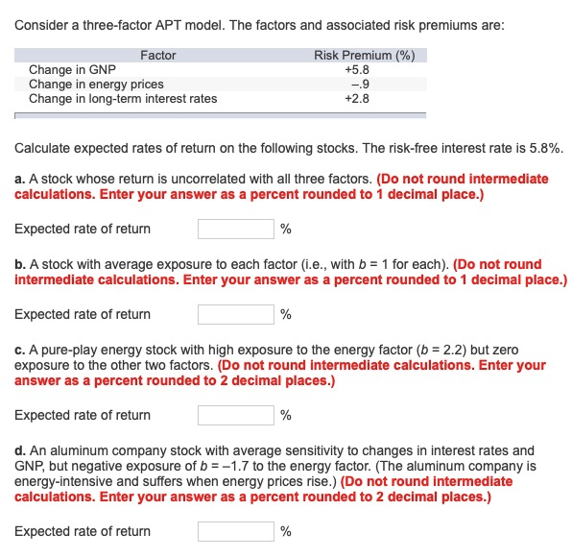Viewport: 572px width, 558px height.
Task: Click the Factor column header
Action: [157, 55]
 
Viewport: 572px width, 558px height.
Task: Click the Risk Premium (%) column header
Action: [364, 55]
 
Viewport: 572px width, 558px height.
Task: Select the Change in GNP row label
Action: [72, 70]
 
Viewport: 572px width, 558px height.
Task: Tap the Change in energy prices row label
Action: [96, 85]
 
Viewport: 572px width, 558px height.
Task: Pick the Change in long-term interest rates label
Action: [123, 99]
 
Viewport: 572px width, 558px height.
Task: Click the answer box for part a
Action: [236, 229]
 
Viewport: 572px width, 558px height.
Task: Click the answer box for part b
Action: [236, 314]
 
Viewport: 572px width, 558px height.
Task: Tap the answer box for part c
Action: [236, 415]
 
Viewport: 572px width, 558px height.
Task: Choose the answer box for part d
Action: [236, 531]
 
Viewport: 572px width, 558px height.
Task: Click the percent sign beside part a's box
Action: [286, 229]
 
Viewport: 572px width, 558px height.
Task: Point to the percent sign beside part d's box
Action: [286, 531]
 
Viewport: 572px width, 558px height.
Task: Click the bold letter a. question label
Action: [20, 179]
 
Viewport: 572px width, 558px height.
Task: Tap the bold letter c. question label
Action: [20, 351]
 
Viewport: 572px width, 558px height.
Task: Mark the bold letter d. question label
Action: [20, 450]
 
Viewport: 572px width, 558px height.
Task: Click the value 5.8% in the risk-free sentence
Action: [544, 150]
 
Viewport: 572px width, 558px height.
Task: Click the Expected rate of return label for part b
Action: [83, 314]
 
